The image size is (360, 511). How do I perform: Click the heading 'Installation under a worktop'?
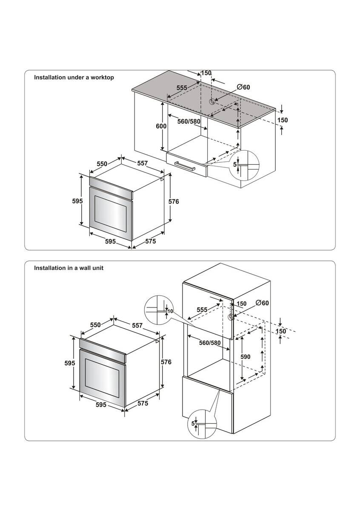pyautogui.click(x=74, y=78)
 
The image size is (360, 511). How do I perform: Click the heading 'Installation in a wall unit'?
pyautogui.click(x=69, y=268)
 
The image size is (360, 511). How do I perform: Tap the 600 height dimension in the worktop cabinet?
pyautogui.click(x=161, y=127)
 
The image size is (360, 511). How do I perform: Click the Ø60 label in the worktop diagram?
pyautogui.click(x=243, y=87)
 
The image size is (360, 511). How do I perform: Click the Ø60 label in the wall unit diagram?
pyautogui.click(x=263, y=303)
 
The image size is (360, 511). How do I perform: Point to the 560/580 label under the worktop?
pyautogui.click(x=189, y=121)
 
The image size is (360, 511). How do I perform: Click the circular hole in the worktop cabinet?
pyautogui.click(x=211, y=101)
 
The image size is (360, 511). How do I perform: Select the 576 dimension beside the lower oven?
pyautogui.click(x=166, y=362)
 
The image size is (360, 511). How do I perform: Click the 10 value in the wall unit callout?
pyautogui.click(x=170, y=311)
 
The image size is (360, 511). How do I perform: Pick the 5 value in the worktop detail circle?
pyautogui.click(x=234, y=164)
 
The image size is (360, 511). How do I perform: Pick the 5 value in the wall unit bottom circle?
pyautogui.click(x=193, y=424)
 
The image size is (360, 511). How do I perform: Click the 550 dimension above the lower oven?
pyautogui.click(x=95, y=325)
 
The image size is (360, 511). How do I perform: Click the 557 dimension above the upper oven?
pyautogui.click(x=143, y=164)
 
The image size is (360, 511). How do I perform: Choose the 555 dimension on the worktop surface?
pyautogui.click(x=182, y=87)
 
